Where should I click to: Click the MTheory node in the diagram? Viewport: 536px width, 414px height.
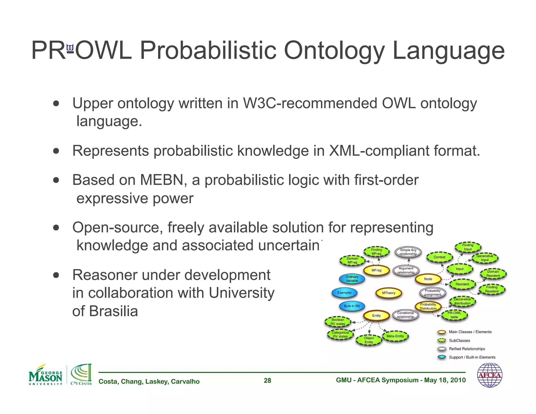[388, 293]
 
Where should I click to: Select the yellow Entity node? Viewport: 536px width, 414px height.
[376, 316]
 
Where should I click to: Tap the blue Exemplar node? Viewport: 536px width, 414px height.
[344, 293]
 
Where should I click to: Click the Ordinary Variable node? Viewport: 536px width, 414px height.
[352, 279]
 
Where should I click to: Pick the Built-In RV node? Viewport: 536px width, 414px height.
[352, 306]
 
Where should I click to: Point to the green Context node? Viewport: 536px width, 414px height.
[439, 257]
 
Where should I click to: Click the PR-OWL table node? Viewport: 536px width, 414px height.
[454, 315]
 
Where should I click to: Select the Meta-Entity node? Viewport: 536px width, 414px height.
[395, 336]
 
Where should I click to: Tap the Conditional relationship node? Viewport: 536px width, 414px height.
[405, 315]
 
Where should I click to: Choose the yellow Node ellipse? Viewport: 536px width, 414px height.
[428, 279]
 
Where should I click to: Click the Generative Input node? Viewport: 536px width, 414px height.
[484, 258]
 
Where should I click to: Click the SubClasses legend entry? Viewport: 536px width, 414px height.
[459, 340]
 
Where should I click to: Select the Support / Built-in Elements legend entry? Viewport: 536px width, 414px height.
[472, 357]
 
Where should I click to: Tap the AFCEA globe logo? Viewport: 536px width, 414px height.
[489, 375]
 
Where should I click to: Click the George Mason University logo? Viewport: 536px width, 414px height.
[46, 375]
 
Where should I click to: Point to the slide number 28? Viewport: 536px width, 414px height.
[267, 381]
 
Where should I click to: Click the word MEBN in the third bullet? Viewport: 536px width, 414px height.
[161, 180]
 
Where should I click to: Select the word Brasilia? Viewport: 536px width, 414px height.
[113, 311]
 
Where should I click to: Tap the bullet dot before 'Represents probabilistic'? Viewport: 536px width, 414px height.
[56, 151]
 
